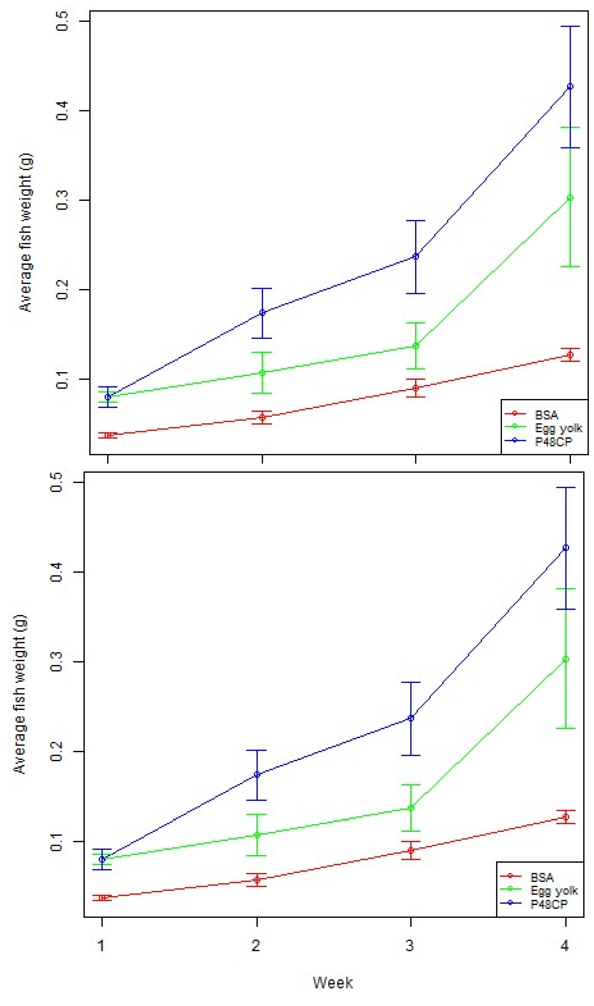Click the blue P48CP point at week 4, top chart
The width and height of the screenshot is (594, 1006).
[x=570, y=87]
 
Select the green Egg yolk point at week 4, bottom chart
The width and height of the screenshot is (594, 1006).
[x=565, y=659]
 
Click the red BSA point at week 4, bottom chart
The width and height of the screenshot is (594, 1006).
[x=565, y=817]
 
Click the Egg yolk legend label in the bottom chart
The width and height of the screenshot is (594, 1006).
[x=554, y=890]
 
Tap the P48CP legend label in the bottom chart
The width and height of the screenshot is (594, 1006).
[x=549, y=904]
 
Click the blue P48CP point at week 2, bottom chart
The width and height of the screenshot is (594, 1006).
[x=257, y=775]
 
